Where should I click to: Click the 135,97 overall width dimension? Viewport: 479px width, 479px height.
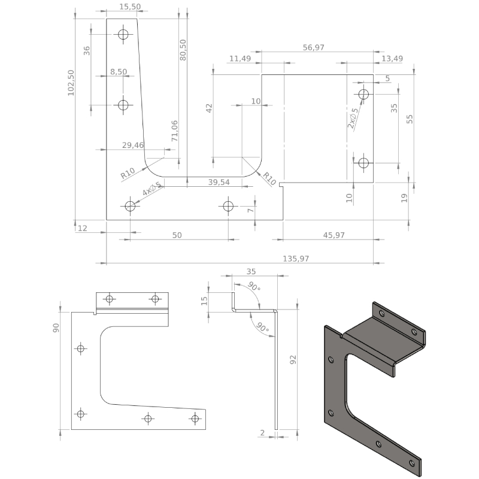point(296,259)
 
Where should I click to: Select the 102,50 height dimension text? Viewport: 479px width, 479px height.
point(71,83)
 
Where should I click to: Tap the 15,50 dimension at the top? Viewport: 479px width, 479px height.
point(130,7)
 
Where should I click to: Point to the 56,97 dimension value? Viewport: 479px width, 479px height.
point(313,48)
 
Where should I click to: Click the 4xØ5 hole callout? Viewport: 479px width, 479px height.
point(151,189)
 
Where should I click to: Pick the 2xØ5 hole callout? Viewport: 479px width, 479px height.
point(353,118)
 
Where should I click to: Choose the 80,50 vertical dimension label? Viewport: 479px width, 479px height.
point(183,50)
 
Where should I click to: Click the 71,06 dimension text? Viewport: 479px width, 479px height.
point(174,131)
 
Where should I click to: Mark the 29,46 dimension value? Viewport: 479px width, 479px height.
point(132,145)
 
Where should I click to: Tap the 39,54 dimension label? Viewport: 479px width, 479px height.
point(219,182)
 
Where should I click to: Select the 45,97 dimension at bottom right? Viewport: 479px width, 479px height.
point(334,235)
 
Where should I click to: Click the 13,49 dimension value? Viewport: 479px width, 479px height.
point(392,58)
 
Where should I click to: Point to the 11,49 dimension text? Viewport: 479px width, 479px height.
point(240,58)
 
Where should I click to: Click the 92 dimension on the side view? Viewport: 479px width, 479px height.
point(293,360)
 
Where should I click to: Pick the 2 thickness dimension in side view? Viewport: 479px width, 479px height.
point(262,432)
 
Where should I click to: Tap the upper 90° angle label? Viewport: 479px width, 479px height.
point(254,286)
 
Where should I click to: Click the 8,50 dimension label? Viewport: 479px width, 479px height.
point(119,72)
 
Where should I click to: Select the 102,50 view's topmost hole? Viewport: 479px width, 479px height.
point(123,34)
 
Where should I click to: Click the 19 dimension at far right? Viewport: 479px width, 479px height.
point(404,198)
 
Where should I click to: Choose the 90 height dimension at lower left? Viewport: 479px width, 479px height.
point(56,328)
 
